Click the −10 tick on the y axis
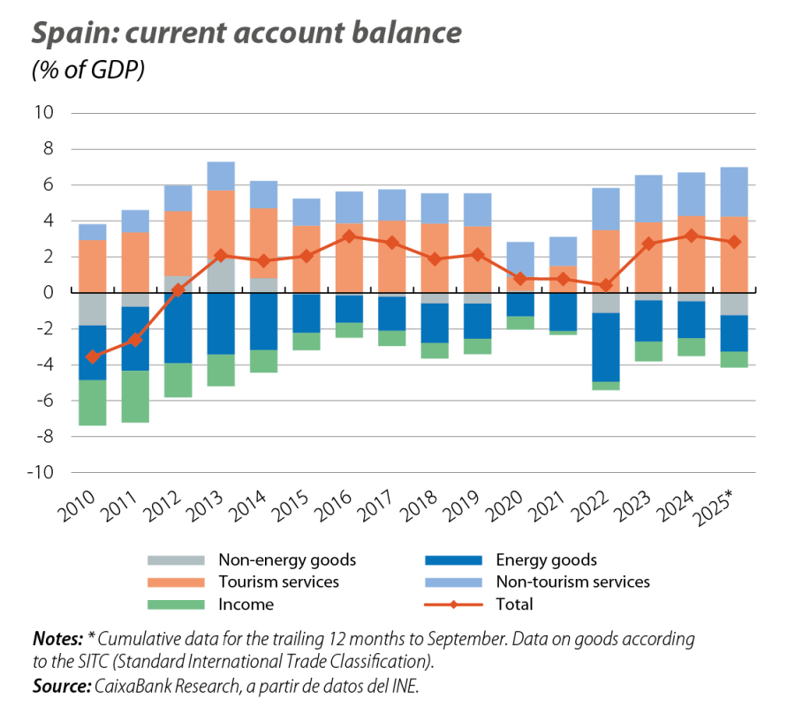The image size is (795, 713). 41,473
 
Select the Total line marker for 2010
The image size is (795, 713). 92,356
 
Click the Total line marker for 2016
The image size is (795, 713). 350,236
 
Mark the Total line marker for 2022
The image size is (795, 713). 607,285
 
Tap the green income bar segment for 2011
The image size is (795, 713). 135,397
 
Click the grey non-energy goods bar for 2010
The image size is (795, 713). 92,309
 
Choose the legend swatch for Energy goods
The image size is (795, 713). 453,560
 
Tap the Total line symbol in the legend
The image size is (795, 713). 453,604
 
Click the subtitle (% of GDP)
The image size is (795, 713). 87,71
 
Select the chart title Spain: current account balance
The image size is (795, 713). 246,34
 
